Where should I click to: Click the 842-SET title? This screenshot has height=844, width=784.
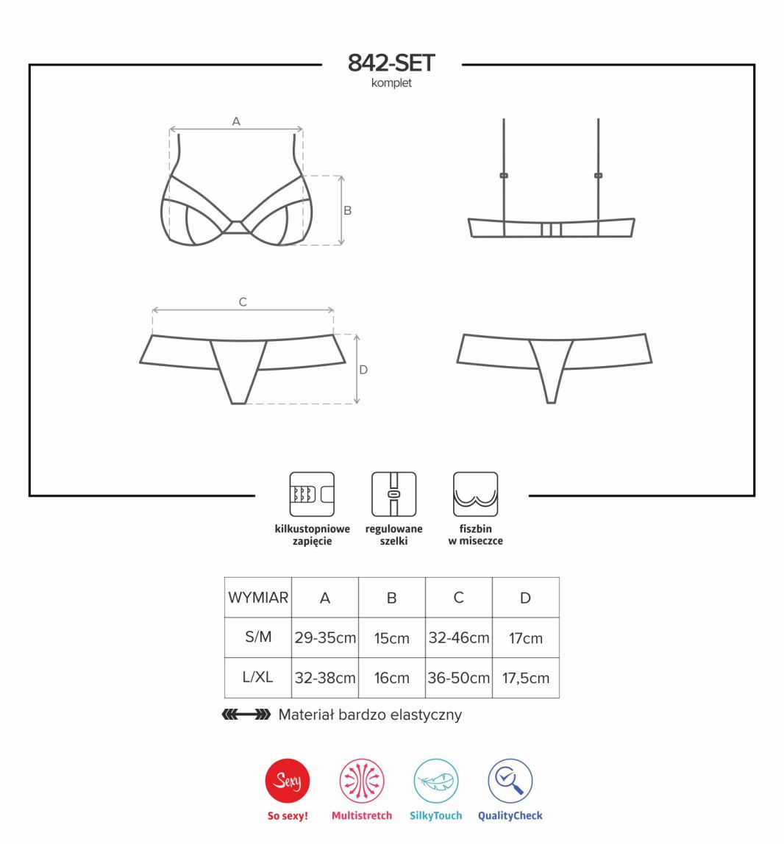(391, 63)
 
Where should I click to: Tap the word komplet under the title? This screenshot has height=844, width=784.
(391, 83)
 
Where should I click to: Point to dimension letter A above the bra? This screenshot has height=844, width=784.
(236, 121)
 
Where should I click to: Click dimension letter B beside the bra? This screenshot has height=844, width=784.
(348, 210)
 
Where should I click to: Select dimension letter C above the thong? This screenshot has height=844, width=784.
(243, 302)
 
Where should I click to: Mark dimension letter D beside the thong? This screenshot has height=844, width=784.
(363, 370)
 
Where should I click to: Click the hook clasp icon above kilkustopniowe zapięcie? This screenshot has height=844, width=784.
(313, 494)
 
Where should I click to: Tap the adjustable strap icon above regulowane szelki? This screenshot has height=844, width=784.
(393, 494)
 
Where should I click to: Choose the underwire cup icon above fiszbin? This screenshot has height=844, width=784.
(475, 494)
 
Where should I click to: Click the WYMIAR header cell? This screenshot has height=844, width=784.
(258, 598)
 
